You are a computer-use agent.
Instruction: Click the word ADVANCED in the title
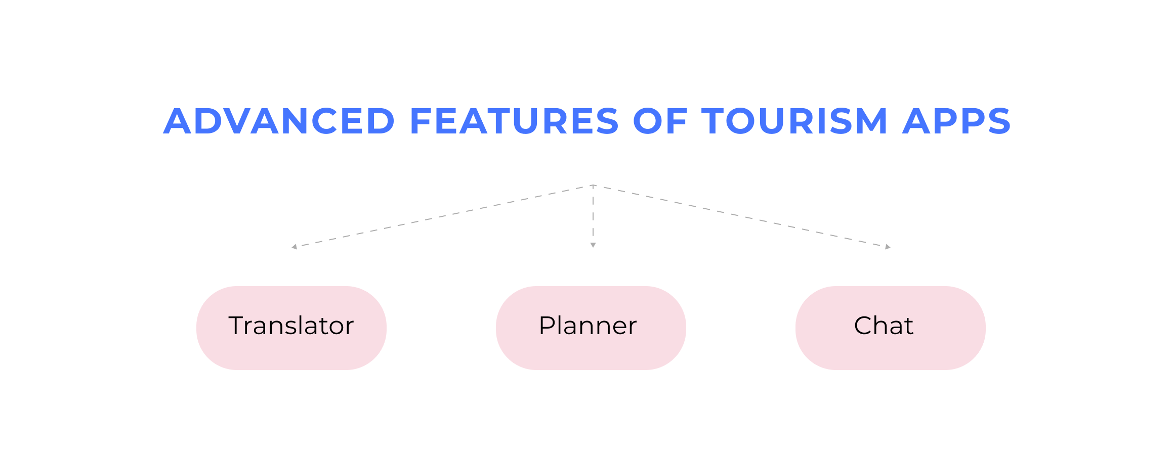click(x=279, y=121)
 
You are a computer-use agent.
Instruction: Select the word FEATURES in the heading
click(x=514, y=121)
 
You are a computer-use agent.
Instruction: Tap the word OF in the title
click(x=660, y=121)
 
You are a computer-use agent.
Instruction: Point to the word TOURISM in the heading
click(x=794, y=121)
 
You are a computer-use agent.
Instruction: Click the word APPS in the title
click(x=956, y=121)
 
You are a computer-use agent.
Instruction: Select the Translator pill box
click(x=291, y=328)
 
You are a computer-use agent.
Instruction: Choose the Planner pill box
click(x=591, y=328)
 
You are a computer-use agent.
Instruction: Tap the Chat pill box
click(x=890, y=328)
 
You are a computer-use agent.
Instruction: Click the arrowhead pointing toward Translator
click(x=294, y=247)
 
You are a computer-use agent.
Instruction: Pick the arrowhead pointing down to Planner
click(x=593, y=245)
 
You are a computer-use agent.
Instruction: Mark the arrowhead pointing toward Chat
click(x=888, y=247)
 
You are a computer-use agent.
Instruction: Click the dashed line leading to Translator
click(x=443, y=216)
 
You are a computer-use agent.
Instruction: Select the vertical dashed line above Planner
click(x=593, y=215)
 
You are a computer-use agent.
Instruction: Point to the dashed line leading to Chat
click(x=741, y=216)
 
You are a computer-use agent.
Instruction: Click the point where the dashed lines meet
click(x=593, y=186)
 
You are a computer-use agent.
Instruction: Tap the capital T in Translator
click(x=237, y=326)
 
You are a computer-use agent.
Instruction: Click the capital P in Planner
click(x=547, y=326)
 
